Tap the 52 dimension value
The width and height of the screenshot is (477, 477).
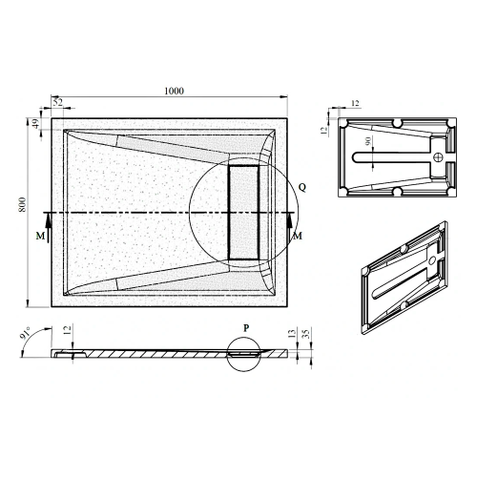click(x=57, y=101)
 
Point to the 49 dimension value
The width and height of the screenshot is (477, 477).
click(x=35, y=123)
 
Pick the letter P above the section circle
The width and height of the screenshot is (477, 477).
click(x=245, y=326)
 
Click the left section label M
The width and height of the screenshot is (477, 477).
click(x=38, y=235)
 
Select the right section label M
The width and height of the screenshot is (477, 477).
click(x=298, y=235)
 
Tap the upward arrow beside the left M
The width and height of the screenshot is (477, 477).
click(x=48, y=221)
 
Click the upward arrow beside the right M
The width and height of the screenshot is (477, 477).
click(x=287, y=221)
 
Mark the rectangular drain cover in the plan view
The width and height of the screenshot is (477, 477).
click(x=244, y=211)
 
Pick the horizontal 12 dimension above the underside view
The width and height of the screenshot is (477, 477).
click(x=355, y=102)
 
